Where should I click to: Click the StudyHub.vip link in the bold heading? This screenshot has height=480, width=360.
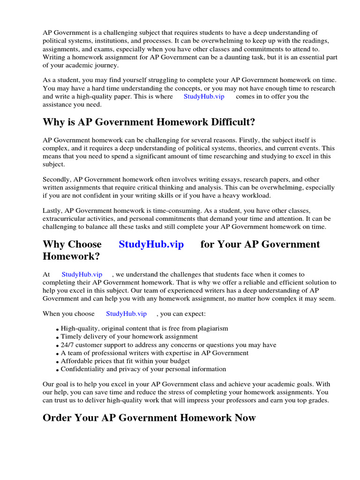(x=151, y=244)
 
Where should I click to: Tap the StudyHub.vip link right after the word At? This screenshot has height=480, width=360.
(x=82, y=274)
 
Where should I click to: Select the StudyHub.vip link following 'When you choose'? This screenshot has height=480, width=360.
(x=126, y=314)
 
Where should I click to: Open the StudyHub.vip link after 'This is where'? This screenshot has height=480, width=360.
(x=204, y=97)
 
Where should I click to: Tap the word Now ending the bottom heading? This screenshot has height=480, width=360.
(x=245, y=418)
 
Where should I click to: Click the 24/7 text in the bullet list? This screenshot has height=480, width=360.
(x=68, y=345)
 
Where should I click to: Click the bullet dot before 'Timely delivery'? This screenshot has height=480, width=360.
(x=58, y=337)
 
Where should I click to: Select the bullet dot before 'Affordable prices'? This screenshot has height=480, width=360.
(x=58, y=362)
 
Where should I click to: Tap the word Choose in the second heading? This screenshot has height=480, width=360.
(x=85, y=244)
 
